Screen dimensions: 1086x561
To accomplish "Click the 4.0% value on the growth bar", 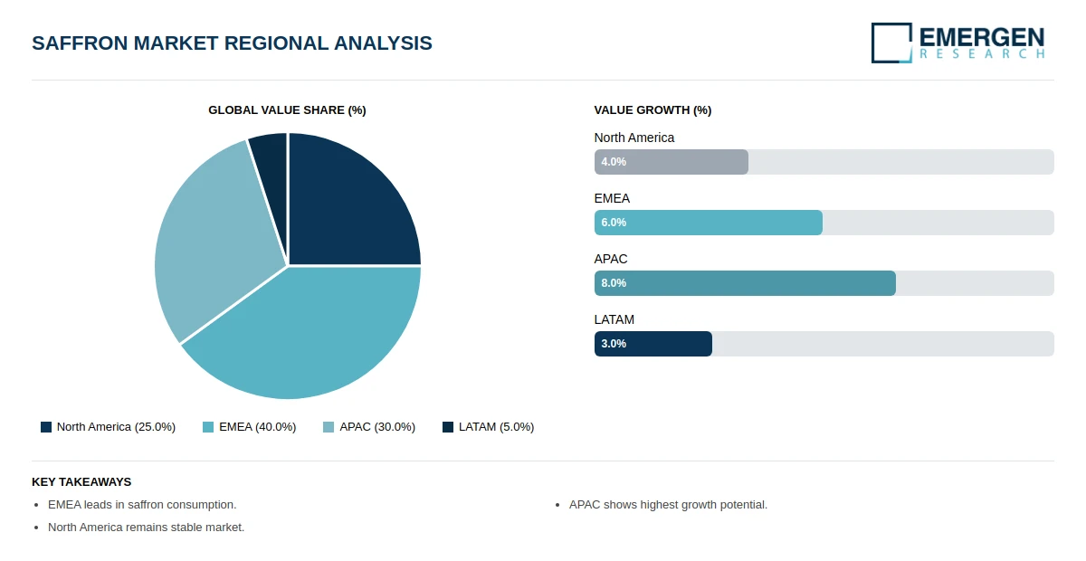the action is [x=614, y=162].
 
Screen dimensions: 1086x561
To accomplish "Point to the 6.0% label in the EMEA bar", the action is [x=614, y=223].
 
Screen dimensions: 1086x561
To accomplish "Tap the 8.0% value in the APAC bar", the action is [x=614, y=283].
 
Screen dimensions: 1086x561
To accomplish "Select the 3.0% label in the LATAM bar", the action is [x=614, y=344].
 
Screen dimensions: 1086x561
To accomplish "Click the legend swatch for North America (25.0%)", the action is [x=46, y=427].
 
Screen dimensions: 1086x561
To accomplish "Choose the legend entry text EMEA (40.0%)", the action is [x=257, y=427].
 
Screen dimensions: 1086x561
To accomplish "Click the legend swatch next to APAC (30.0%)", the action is [x=329, y=427].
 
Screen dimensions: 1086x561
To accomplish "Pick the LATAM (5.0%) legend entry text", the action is [x=497, y=427].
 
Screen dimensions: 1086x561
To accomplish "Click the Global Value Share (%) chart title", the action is [x=287, y=110].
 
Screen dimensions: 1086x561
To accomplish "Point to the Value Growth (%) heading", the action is [x=653, y=110].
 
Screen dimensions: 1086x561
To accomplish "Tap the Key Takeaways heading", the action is [x=81, y=482].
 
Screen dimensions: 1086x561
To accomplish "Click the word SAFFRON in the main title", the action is [x=79, y=43].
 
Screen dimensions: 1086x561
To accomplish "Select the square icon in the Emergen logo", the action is [x=891, y=43].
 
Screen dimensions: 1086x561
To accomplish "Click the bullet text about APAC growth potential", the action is [x=668, y=505].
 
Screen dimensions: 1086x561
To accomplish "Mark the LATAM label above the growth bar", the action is [x=614, y=320].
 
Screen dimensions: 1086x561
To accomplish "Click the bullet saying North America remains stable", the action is [x=146, y=528].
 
